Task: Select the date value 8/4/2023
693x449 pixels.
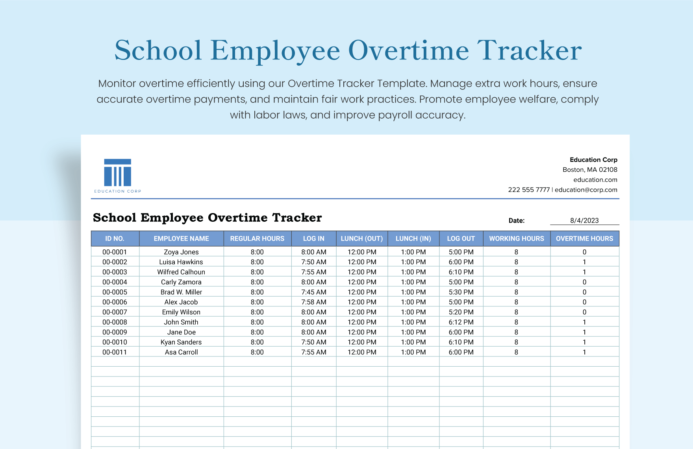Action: click(x=584, y=221)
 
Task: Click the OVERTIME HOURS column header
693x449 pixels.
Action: click(x=584, y=239)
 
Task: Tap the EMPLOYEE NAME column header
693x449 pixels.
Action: click(x=181, y=239)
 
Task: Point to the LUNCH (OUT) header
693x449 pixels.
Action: click(x=361, y=239)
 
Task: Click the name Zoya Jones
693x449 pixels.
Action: click(x=181, y=252)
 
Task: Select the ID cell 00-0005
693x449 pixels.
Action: click(x=115, y=292)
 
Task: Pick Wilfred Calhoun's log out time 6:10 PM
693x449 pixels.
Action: click(x=461, y=272)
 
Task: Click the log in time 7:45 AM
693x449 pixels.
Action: click(x=313, y=292)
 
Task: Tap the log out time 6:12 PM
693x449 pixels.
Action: click(x=461, y=322)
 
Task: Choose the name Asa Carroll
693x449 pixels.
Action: click(x=181, y=352)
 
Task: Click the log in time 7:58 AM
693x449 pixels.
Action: click(x=313, y=302)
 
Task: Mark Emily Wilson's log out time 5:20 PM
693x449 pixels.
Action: click(x=461, y=312)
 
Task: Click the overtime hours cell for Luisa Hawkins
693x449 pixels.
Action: click(x=584, y=262)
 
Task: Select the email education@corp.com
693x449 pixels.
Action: click(x=586, y=190)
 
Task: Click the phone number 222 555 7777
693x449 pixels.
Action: click(x=529, y=190)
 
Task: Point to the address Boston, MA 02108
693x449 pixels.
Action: click(x=590, y=170)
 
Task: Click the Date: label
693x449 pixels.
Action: click(x=517, y=221)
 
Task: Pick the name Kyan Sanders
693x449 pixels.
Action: click(x=181, y=342)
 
